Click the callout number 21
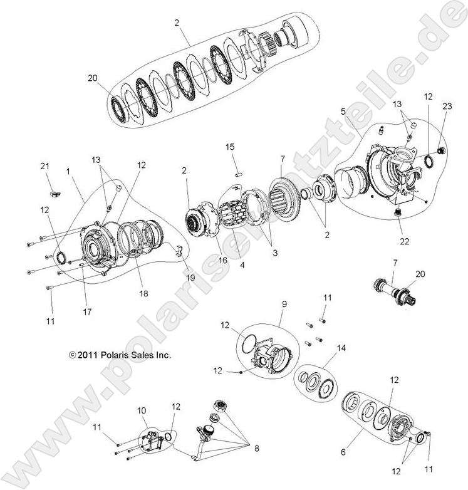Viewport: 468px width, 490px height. click(44, 165)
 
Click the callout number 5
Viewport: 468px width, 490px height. click(343, 111)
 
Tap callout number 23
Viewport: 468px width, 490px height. click(446, 107)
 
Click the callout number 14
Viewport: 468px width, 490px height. click(341, 348)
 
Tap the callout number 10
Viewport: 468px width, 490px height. click(142, 410)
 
